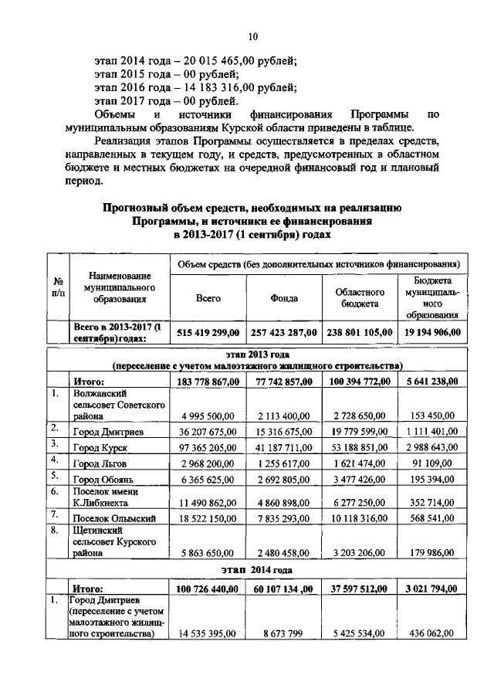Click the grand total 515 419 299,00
208,332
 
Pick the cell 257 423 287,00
283,332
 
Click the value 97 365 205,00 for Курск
208,448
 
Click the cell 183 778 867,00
208,381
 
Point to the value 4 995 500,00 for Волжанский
209,416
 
